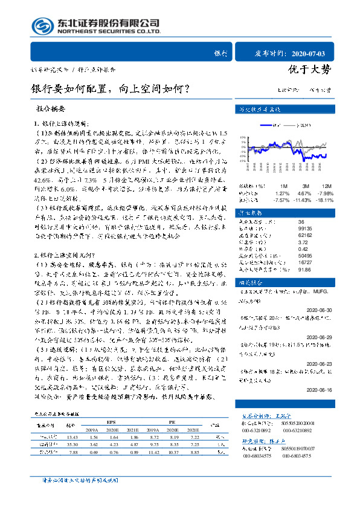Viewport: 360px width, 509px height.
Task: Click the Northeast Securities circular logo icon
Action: [42, 25]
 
